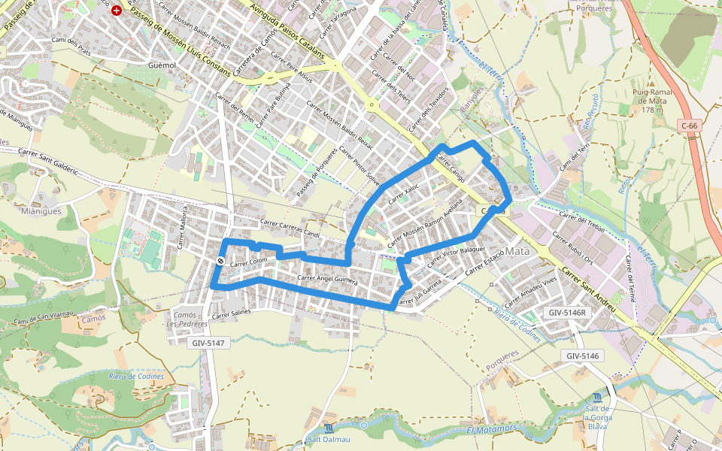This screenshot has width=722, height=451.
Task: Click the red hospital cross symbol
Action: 117,11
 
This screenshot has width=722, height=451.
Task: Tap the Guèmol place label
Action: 162,66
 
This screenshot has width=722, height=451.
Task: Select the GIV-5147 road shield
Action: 207,342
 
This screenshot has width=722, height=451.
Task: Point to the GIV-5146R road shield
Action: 567,312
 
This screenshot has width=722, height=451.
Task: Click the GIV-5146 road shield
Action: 582,356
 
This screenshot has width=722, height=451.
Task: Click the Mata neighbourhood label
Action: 517,250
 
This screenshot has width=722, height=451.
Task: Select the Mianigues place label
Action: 42,211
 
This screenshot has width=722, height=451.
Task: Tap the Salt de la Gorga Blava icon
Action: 596,397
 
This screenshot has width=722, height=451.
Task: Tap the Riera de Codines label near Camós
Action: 132,376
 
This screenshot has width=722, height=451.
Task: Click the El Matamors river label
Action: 492,428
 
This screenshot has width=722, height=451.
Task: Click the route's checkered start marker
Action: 220,261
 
